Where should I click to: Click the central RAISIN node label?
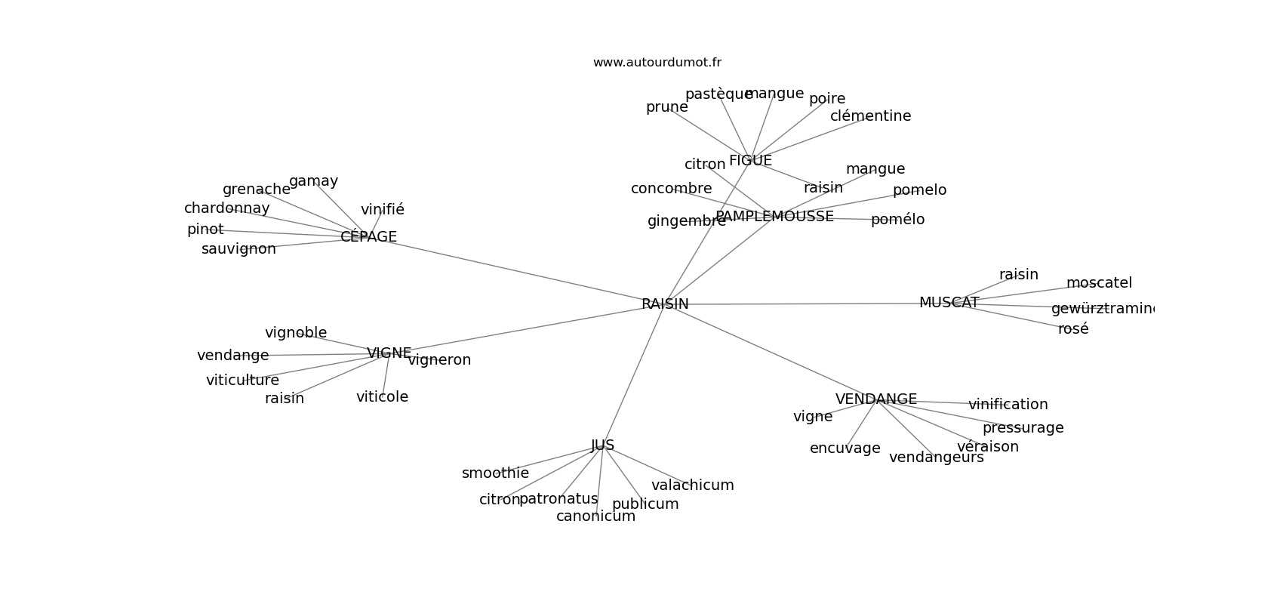click(665, 304)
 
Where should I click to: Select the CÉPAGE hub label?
click(368, 237)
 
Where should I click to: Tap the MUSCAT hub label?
click(949, 303)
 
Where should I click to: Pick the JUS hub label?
click(602, 445)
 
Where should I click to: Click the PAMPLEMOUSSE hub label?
click(774, 217)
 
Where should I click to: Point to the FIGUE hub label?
click(750, 161)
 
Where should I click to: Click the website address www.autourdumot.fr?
click(657, 63)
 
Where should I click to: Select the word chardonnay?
click(226, 208)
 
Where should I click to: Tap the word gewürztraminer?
click(1103, 309)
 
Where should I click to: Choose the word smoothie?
click(495, 473)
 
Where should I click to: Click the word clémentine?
click(870, 116)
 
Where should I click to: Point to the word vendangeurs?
click(936, 458)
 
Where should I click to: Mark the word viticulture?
click(242, 381)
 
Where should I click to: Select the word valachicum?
click(692, 485)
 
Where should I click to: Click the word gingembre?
click(686, 221)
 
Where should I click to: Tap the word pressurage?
click(1023, 428)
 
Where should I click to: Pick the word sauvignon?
click(238, 249)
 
